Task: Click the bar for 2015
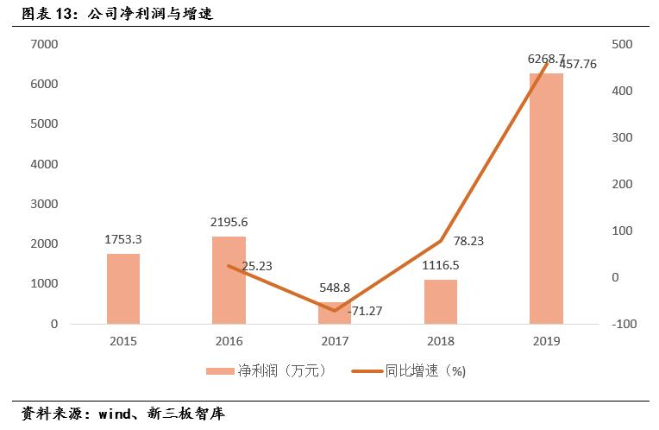123,288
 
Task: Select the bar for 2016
229,280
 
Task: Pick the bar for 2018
440,301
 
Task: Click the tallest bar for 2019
546,199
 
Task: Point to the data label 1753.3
123,238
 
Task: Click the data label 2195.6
229,222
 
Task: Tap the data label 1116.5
440,265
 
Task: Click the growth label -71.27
365,310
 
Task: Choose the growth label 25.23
257,266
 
